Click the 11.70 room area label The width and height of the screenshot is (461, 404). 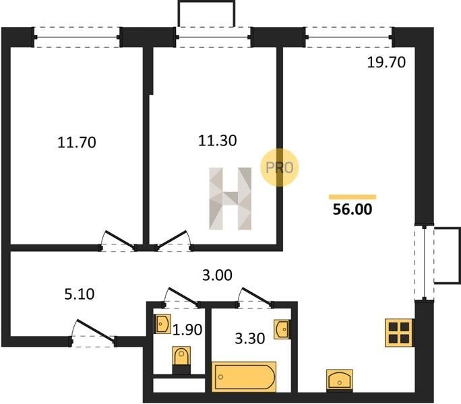[x=77, y=143]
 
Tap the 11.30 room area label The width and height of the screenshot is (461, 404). [x=217, y=141]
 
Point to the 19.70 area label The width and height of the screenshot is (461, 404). [x=386, y=63]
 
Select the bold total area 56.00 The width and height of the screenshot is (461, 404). [x=352, y=209]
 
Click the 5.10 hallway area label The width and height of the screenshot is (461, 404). [x=80, y=294]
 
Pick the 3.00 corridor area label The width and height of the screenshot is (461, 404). [x=217, y=275]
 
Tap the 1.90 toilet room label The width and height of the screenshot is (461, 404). [x=187, y=330]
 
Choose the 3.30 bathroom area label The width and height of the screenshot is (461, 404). [x=250, y=339]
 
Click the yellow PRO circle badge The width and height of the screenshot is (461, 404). [x=279, y=168]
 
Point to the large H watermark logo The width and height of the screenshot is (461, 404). [x=230, y=199]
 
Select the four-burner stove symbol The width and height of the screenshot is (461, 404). [x=399, y=333]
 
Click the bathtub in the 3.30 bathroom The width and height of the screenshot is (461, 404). [x=244, y=377]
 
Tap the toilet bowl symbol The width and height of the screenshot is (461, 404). [x=181, y=360]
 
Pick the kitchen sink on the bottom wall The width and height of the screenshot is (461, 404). [x=340, y=380]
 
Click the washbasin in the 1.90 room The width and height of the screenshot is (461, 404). [x=162, y=324]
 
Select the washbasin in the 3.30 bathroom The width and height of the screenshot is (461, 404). [x=281, y=329]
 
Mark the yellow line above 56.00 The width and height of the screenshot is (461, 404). [x=352, y=197]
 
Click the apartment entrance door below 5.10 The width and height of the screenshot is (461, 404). [x=94, y=333]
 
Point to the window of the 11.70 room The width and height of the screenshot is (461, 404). [x=77, y=37]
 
